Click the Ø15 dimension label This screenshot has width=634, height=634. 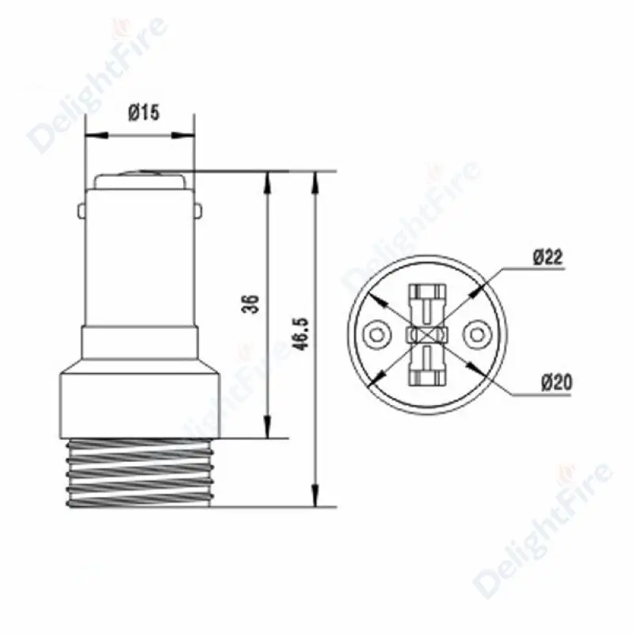144,113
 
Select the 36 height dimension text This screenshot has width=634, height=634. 250,304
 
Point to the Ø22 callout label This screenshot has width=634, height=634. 548,257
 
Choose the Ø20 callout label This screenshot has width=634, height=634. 557,382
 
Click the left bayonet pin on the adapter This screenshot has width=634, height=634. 82,212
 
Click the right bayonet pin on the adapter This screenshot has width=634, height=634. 198,212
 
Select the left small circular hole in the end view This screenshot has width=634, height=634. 377,334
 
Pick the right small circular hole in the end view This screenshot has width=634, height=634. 478,334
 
